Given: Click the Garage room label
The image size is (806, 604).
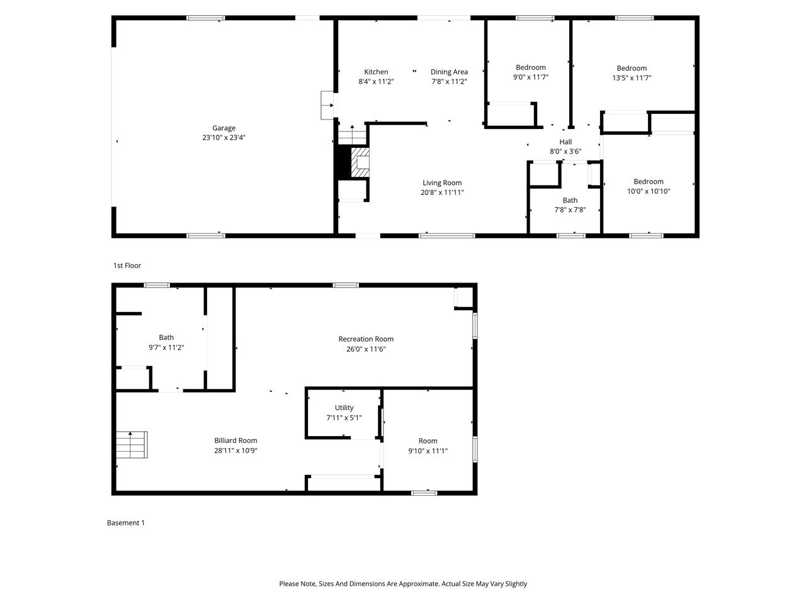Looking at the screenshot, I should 224,128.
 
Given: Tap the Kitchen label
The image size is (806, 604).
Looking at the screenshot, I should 376,72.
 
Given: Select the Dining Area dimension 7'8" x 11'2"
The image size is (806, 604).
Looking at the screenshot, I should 449,82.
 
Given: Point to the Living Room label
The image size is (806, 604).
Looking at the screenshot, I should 442,183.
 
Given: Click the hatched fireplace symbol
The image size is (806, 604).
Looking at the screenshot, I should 360,163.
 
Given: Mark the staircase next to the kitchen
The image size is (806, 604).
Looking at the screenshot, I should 352,135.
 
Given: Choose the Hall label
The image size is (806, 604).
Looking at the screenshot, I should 565,142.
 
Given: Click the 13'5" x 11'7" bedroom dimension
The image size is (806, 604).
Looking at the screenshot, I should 632,78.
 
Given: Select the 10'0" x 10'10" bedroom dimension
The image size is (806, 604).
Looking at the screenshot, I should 649,191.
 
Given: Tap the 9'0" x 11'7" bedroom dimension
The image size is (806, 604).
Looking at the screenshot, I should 531,77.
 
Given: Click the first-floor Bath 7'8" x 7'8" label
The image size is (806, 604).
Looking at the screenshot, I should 570,201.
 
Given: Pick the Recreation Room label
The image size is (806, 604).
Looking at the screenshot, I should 366,339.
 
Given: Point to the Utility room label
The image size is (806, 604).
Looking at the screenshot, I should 344,408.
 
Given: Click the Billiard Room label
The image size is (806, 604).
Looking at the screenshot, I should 236,440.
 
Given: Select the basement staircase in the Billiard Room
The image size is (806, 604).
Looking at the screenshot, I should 132,445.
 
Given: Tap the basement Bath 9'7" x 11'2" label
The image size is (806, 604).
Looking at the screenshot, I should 166,338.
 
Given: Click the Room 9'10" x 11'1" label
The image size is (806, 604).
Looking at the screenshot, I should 428,441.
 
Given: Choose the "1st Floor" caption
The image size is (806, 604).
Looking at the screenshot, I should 127,266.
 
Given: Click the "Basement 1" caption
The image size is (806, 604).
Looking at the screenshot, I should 126,523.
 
